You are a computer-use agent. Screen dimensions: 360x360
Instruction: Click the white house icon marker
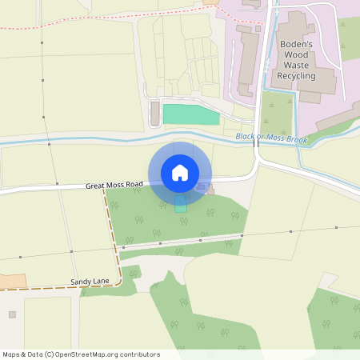click(179, 173)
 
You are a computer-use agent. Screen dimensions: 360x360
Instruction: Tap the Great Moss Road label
click(114, 186)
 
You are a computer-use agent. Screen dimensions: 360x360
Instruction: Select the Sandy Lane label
click(89, 282)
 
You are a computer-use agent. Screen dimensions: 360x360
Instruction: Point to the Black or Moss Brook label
click(272, 137)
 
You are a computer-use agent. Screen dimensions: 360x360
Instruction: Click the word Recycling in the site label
click(296, 75)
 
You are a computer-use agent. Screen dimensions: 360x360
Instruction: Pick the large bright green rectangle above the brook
click(191, 114)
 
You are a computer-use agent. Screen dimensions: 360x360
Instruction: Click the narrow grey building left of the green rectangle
click(154, 114)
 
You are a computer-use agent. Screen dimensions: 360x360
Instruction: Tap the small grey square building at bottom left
click(12, 314)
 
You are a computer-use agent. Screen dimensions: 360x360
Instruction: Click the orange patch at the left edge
click(12, 282)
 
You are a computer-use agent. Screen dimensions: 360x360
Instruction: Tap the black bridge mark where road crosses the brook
click(256, 141)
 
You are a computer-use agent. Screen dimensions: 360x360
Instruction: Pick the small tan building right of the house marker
click(202, 188)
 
